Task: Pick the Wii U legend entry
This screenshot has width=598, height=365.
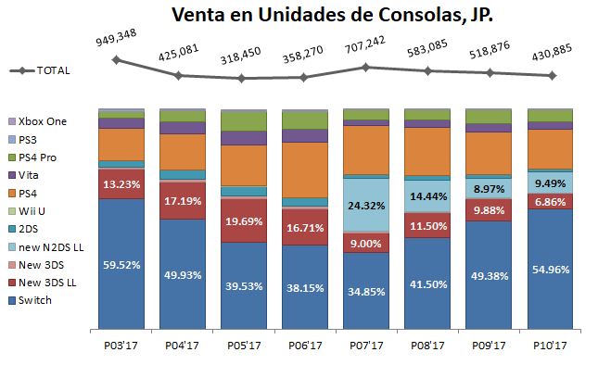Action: pos(38,212)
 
